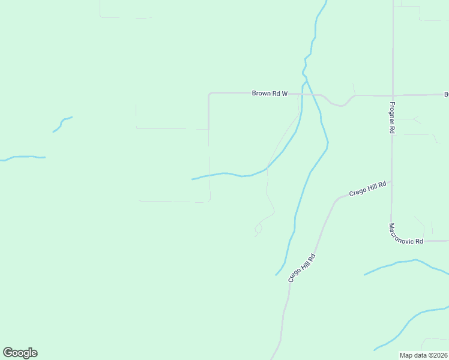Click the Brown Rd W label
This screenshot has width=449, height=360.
coord(270,93)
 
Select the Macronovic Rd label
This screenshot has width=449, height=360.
coord(406,234)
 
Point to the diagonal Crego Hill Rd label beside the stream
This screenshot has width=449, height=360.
coord(302,268)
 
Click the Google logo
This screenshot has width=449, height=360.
coord(20,353)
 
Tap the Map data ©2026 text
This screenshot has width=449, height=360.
coord(423,355)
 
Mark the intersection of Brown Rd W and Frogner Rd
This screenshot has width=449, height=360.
coord(392,95)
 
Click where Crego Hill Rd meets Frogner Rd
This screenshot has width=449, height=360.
coord(391,181)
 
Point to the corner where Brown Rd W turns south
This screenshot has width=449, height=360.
coord(209,94)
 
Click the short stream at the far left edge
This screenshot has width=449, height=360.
coord(23,157)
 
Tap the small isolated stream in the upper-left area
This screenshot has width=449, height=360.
coord(62,124)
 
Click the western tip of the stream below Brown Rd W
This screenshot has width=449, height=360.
coord(193,179)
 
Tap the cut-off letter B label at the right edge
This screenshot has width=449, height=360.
coord(446,94)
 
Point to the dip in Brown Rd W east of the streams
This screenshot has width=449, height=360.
coord(340,105)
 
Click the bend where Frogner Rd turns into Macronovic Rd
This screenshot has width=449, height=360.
coord(391,221)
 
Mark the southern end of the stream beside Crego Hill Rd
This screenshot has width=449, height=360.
coord(277,274)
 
